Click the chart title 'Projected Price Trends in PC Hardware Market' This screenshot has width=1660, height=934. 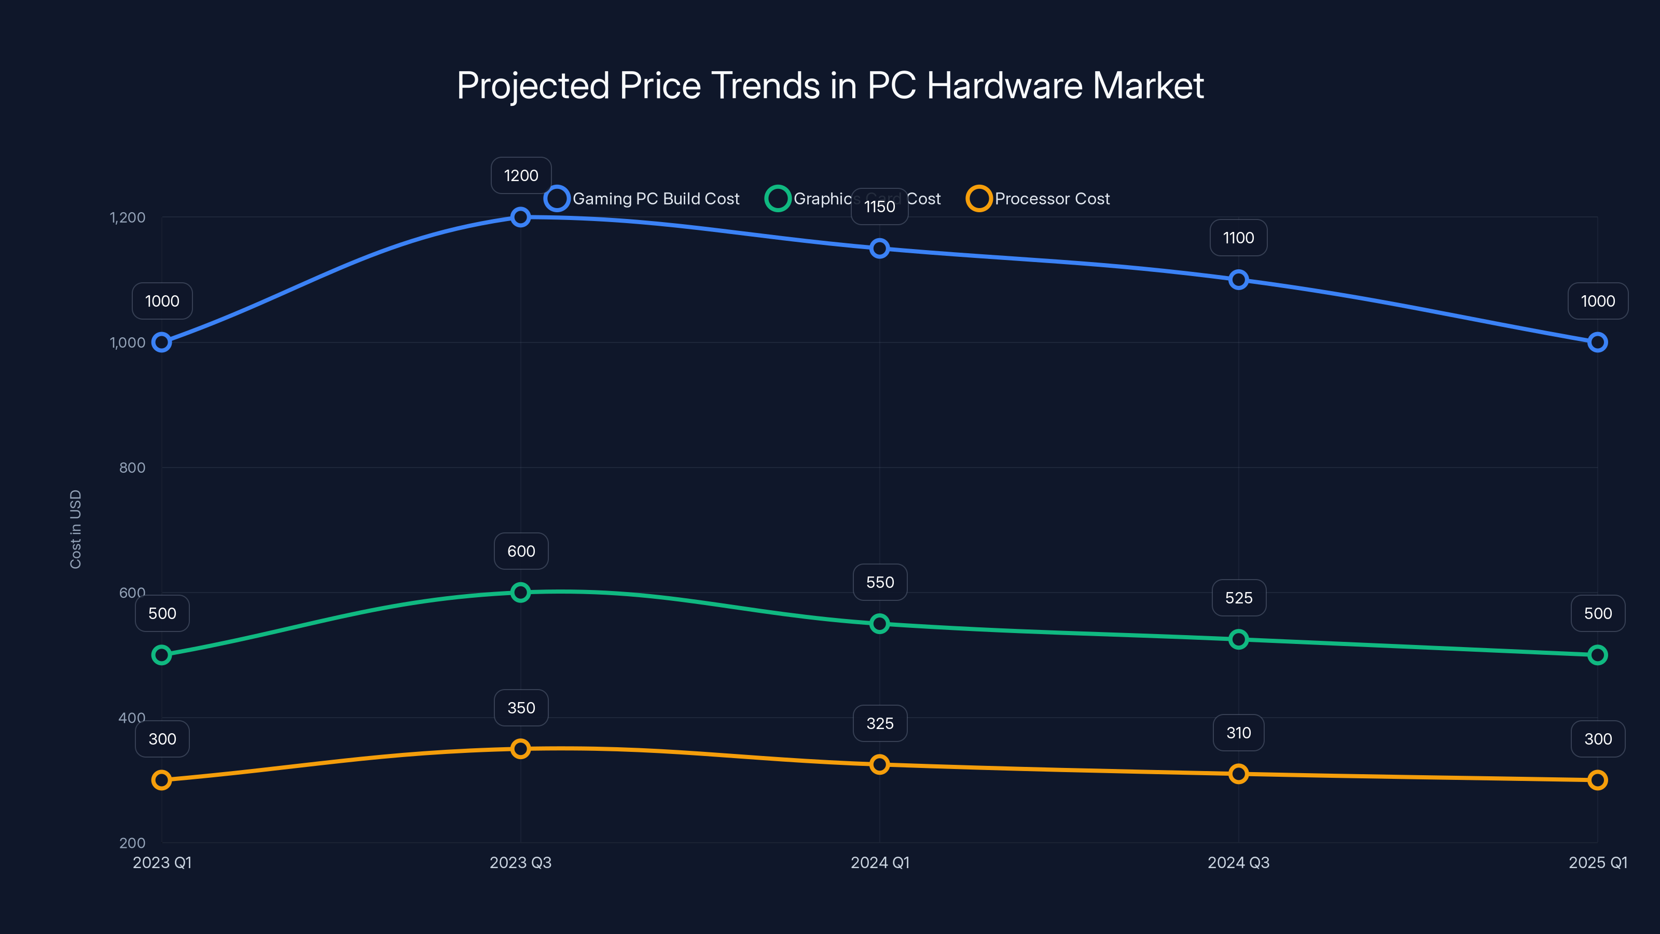click(x=830, y=85)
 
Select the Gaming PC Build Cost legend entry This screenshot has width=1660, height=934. click(x=643, y=199)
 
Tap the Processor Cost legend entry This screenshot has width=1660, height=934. click(x=1038, y=199)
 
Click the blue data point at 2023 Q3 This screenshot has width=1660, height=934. click(x=521, y=217)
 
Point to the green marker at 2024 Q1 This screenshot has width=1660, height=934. click(x=880, y=624)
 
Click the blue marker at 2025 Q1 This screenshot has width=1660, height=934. click(x=1598, y=342)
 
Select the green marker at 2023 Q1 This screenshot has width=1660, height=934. click(x=162, y=655)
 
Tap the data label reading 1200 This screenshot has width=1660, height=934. click(x=521, y=175)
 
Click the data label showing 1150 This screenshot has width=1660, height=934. click(x=880, y=207)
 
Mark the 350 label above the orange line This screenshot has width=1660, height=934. click(x=521, y=708)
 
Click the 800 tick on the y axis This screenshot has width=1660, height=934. click(x=132, y=468)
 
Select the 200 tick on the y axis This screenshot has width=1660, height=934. click(x=132, y=843)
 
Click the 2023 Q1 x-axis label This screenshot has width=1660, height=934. click(x=162, y=862)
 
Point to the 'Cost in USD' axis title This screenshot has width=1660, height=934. click(x=75, y=529)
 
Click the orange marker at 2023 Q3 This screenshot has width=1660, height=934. click(x=521, y=749)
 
